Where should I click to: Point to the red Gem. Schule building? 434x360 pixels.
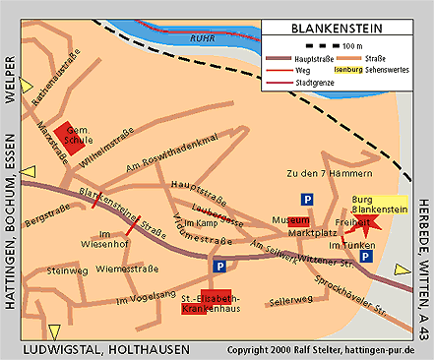click(68, 137)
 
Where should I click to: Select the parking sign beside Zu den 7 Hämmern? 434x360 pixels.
click(308, 199)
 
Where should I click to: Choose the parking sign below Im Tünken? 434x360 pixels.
click(366, 257)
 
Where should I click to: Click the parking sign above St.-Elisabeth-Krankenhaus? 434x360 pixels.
click(218, 266)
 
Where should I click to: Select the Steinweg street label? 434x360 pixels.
click(68, 270)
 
